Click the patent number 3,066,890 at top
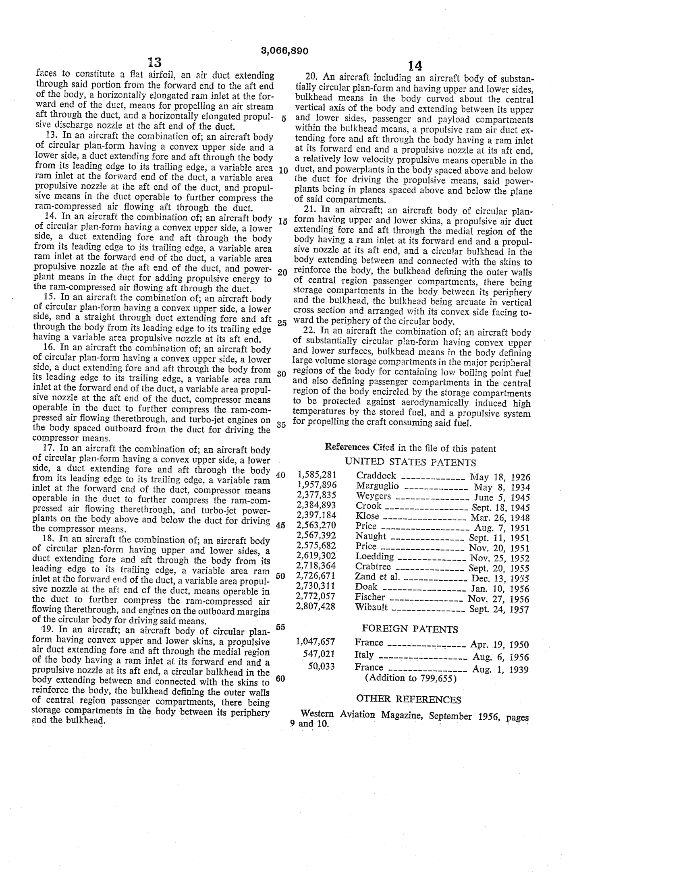coord(284,51)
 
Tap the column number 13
coord(155,62)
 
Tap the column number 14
coord(414,66)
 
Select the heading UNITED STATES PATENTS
coord(410,462)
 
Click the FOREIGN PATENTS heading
coord(410,629)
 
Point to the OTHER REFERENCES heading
coord(408,700)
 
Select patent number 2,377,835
coord(317,495)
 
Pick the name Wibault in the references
coord(372,607)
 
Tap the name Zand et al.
coord(378,577)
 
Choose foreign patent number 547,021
coord(319,654)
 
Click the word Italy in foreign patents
coord(364,654)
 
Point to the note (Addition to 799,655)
coord(411,678)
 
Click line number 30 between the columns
coord(281,374)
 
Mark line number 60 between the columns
coord(280,678)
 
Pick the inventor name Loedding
coord(375,557)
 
